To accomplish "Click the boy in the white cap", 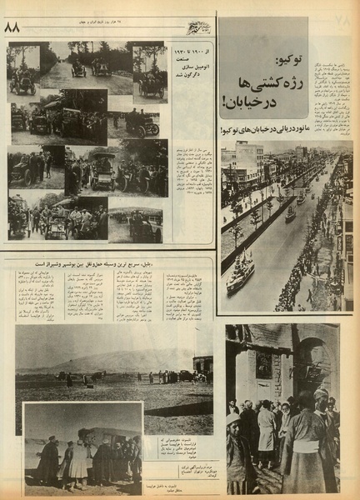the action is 234,421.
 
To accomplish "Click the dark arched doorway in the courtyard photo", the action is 320,367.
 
